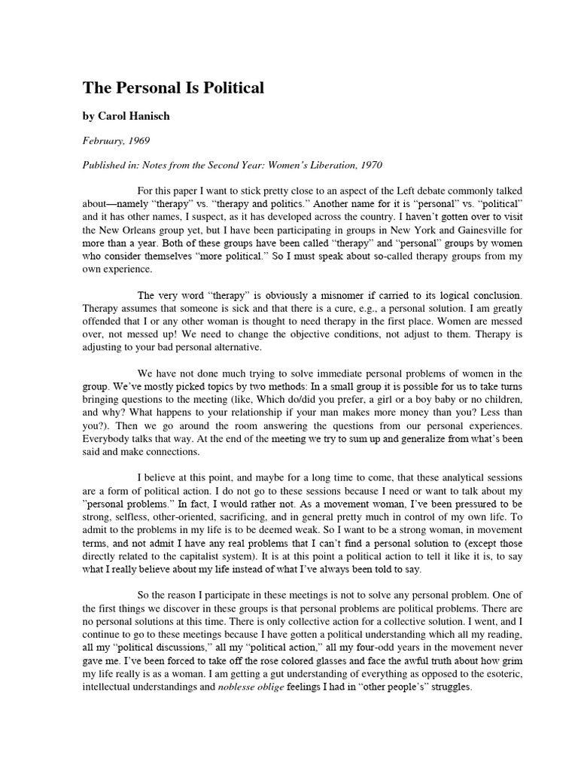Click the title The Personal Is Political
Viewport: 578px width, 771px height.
point(173,88)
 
